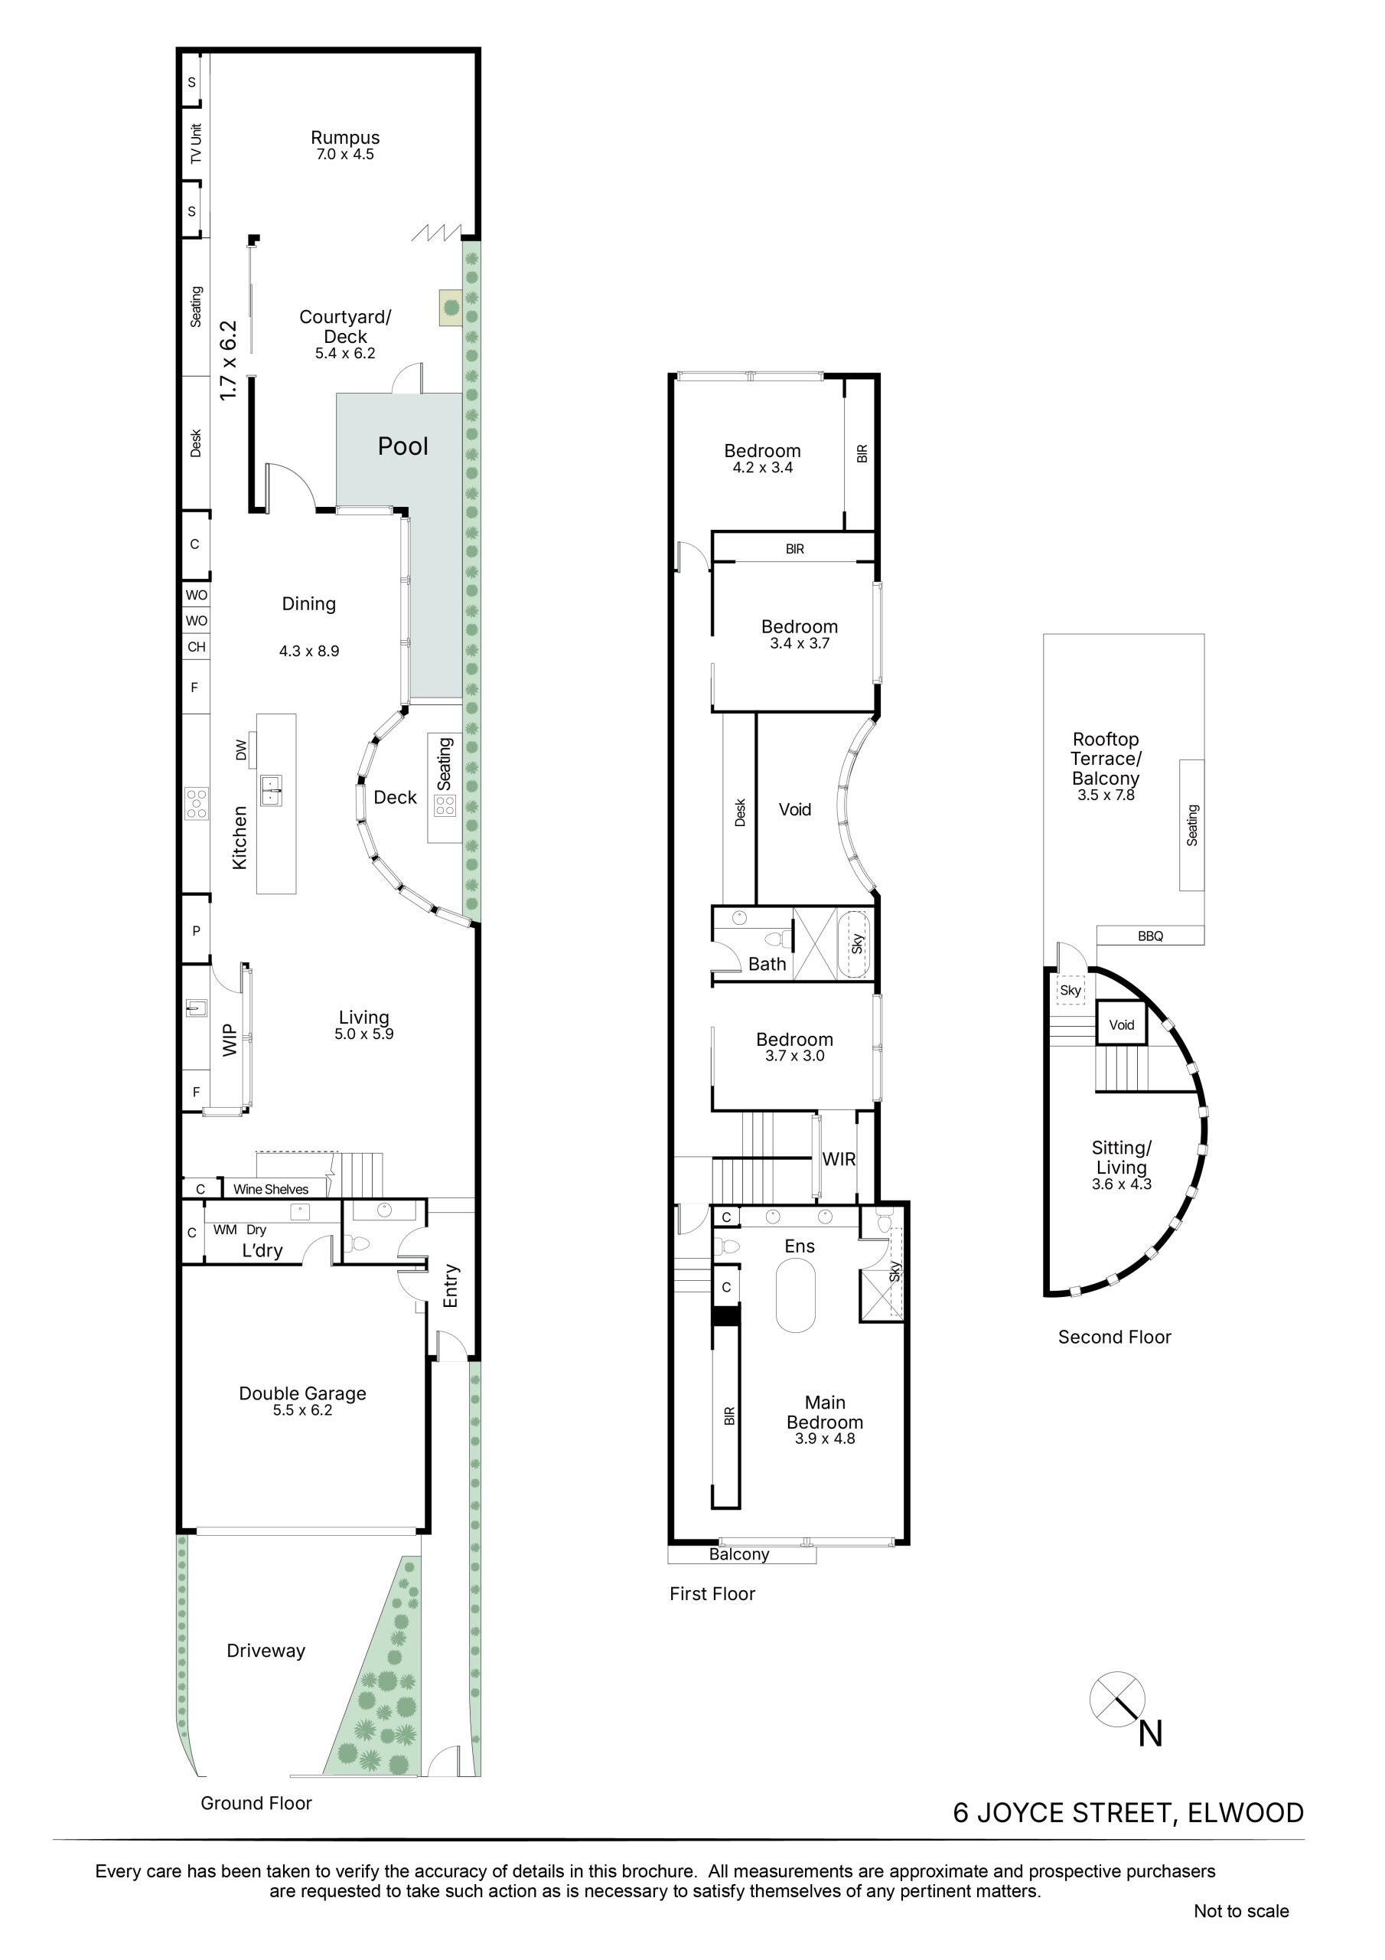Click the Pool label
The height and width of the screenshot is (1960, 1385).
coord(402,446)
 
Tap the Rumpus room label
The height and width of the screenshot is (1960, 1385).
coord(345,138)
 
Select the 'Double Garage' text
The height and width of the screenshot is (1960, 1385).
coord(302,1393)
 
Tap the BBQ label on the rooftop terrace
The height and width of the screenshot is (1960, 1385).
coord(1150,936)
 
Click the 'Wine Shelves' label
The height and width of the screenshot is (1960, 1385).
coord(271,1189)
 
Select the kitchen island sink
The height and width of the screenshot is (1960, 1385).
coord(272,789)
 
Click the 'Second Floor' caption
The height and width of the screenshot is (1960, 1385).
coord(1114,1338)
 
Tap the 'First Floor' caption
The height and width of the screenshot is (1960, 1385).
coord(712,1594)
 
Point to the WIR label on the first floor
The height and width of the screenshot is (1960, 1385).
coord(839,1159)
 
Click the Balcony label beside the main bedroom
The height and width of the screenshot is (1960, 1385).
coord(739,1554)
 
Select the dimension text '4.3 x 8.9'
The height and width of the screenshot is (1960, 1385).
coord(309,651)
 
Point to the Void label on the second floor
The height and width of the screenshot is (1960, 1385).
coord(1121,1025)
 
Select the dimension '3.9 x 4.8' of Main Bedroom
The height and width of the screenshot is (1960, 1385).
coord(824,1439)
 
